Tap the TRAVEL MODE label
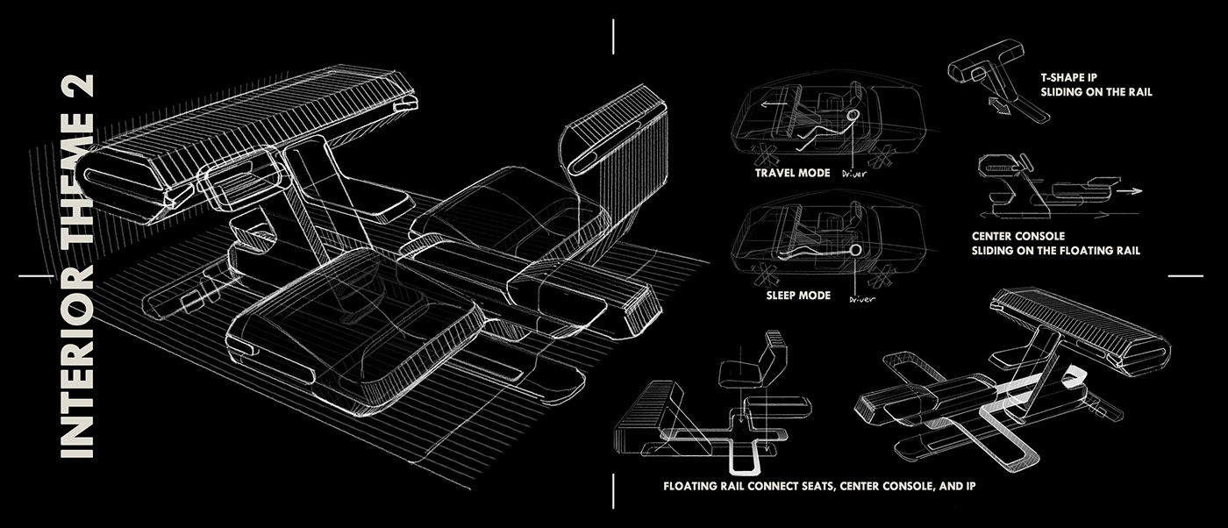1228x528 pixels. (792, 173)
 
